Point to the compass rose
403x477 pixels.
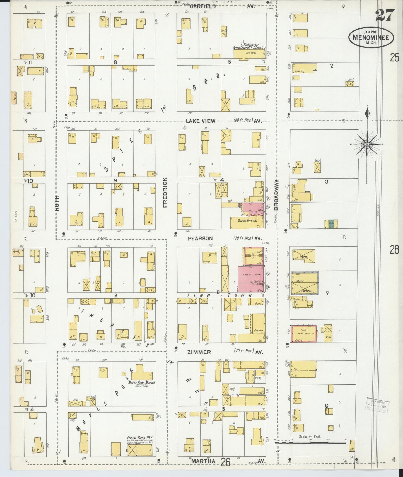click(367, 144)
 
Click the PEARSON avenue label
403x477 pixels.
click(200, 238)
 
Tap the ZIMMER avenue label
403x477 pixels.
click(199, 352)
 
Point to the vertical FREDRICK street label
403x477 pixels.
click(165, 192)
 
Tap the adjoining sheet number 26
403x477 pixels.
click(225, 463)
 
